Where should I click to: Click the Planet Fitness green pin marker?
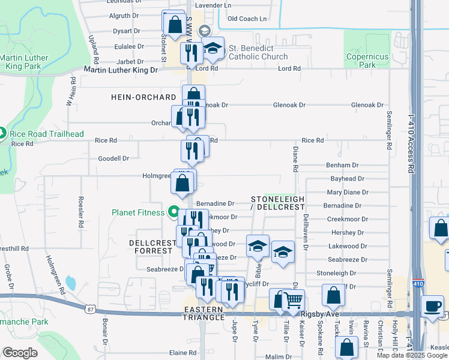pos(174,212)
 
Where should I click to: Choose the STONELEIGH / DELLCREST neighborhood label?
pos(277,203)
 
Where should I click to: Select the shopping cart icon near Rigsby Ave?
pos(293,300)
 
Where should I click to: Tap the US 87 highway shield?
pos(90,309)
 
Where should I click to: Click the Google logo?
pos(20,353)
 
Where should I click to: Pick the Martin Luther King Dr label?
pos(121,70)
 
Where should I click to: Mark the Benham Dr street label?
pos(342,165)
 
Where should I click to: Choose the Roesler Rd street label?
pos(80,209)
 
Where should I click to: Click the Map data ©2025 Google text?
pos(412,355)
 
